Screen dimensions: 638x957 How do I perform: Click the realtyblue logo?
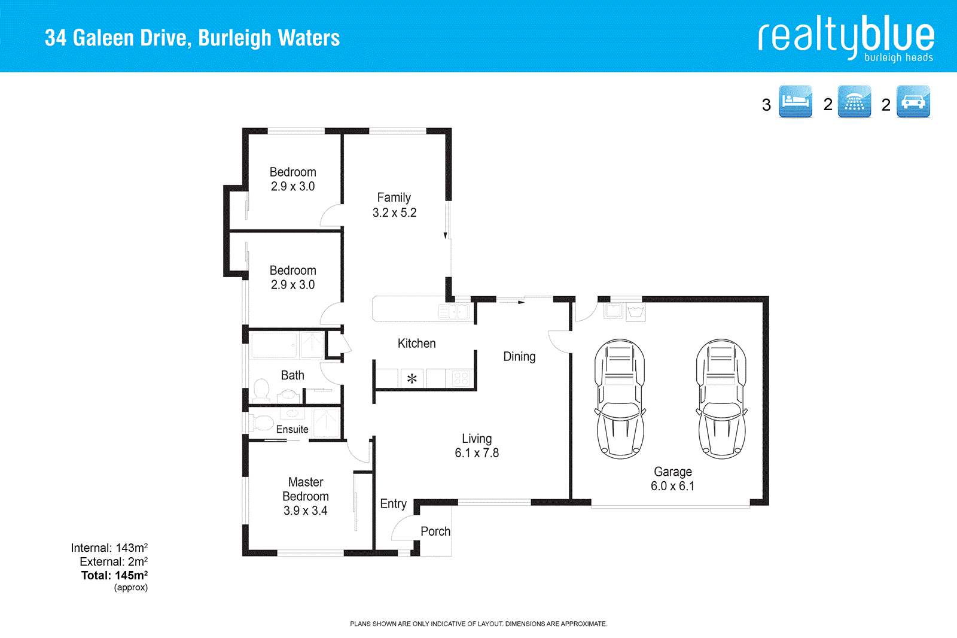click(846, 37)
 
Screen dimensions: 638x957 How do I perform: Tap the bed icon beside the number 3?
click(796, 101)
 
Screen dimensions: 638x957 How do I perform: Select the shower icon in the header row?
click(854, 101)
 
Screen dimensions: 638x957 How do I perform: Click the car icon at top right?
click(913, 101)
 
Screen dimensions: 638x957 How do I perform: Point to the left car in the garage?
click(620, 399)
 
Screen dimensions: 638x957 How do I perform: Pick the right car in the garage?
click(721, 399)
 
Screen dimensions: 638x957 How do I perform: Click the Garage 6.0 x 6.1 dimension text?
click(673, 486)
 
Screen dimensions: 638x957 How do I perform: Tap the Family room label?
click(394, 198)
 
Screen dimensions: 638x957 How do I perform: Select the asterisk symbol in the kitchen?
click(412, 379)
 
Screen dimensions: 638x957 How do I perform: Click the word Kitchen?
click(417, 344)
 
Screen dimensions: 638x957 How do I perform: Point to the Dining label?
click(519, 357)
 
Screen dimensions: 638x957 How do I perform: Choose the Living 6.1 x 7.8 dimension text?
click(477, 453)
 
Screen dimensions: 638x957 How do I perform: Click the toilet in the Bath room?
click(261, 390)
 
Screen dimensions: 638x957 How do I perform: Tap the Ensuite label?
click(292, 429)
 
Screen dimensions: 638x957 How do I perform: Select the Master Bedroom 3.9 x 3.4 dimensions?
click(306, 511)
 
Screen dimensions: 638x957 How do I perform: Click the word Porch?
click(435, 531)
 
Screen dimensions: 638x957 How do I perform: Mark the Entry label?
click(394, 504)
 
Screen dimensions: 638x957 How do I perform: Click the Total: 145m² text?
click(114, 575)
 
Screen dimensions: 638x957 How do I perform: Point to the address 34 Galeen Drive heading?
click(192, 38)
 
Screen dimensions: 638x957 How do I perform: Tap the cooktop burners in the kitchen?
click(461, 378)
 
